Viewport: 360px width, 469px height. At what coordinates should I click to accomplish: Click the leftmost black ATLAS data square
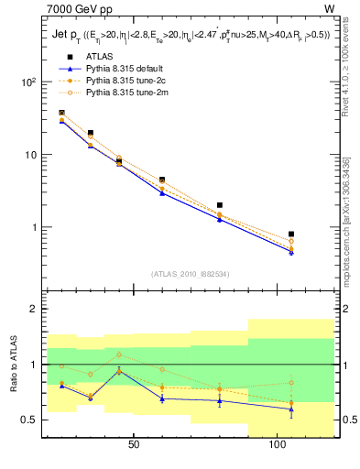pos(61,113)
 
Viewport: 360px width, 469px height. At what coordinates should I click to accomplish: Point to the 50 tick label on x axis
pos(134,444)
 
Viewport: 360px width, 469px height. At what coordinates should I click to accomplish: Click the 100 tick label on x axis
pos(278,444)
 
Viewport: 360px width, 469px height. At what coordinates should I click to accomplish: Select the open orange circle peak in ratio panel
pos(119,354)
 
